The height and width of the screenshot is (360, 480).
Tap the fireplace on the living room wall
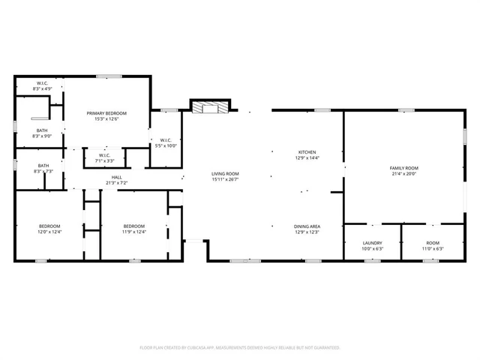point(206,107)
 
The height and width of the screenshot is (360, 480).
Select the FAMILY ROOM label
point(403,168)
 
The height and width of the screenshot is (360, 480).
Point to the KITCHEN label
point(307,152)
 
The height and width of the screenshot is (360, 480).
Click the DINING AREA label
point(307,226)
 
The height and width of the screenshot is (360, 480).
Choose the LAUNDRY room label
point(372,243)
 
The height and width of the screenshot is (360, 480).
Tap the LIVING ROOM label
point(224,173)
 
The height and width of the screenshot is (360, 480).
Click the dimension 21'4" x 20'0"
point(403,174)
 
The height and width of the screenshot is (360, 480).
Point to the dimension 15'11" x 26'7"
point(224,179)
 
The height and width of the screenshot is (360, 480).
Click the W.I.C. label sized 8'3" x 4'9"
point(42,83)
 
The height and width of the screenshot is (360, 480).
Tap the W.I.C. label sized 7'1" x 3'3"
point(104,155)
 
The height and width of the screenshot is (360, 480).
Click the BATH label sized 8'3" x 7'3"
point(43,166)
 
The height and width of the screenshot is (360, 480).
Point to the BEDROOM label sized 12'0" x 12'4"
point(50,226)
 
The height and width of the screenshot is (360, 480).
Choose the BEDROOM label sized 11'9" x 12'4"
point(133,226)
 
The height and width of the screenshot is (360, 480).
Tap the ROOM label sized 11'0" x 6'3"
point(433,243)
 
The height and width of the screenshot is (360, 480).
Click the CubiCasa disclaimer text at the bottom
point(240,347)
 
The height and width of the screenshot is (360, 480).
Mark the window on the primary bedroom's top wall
point(109,76)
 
